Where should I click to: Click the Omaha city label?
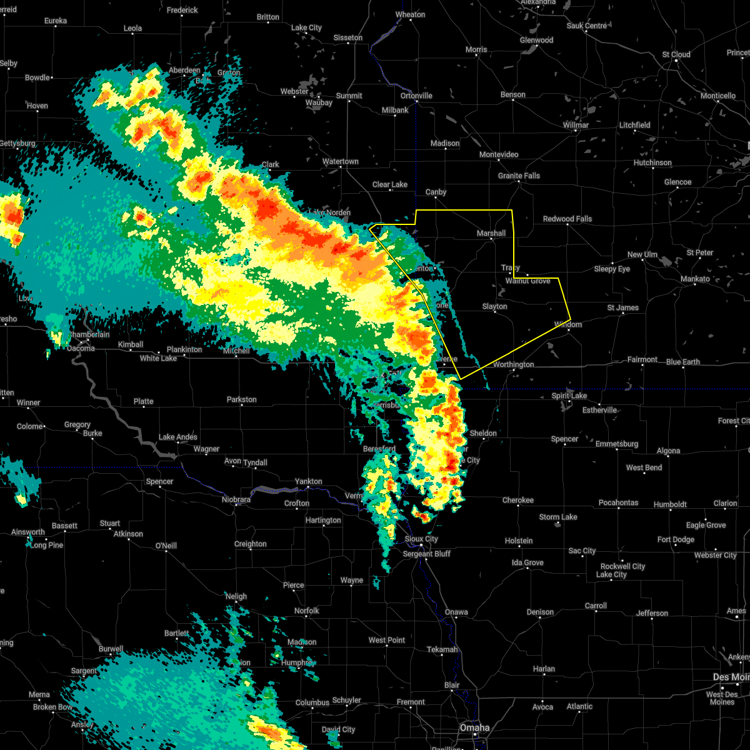click(x=475, y=727)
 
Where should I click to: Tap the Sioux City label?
click(x=421, y=539)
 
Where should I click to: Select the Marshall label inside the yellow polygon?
click(x=491, y=233)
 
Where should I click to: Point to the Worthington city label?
click(x=513, y=364)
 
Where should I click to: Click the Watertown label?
click(x=341, y=162)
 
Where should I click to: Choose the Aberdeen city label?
click(x=184, y=71)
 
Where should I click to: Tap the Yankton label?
click(x=309, y=481)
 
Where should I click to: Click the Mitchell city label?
click(x=236, y=351)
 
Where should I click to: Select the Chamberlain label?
click(x=90, y=334)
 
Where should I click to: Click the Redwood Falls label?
click(x=567, y=219)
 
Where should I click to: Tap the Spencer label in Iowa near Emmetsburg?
click(x=564, y=439)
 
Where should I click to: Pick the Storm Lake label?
click(x=558, y=517)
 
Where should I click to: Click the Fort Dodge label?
click(x=676, y=539)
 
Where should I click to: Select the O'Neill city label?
click(x=166, y=546)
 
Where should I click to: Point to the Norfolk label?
click(x=306, y=611)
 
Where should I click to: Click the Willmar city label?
click(x=576, y=125)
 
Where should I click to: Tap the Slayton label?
click(x=494, y=306)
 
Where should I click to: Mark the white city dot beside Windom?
click(x=568, y=332)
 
